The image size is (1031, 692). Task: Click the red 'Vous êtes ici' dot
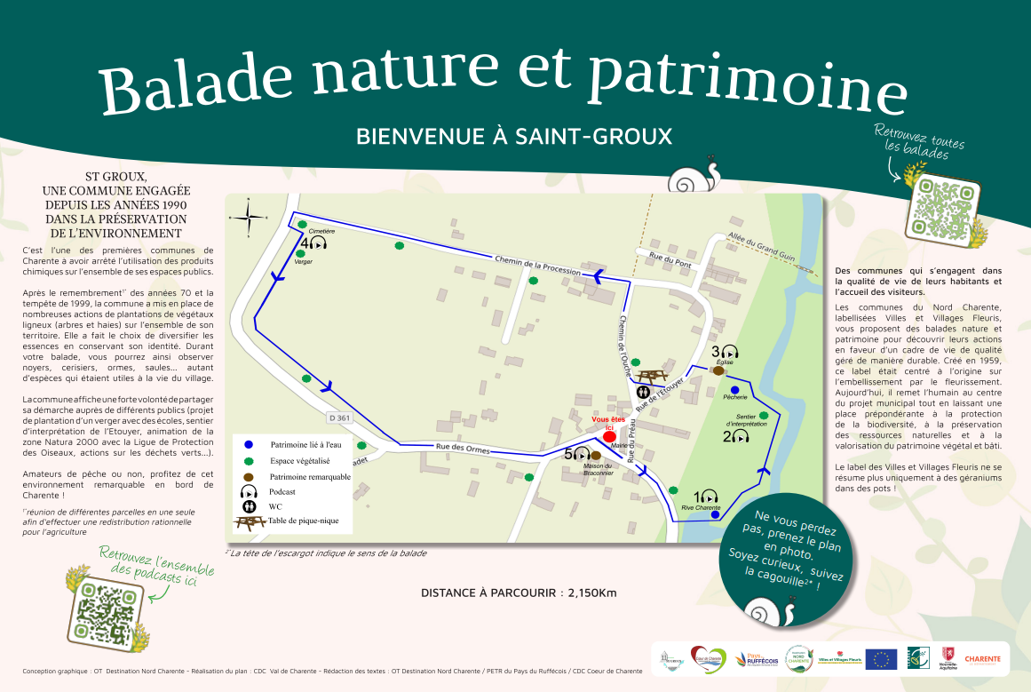point(609,437)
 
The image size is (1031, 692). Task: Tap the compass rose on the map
point(248,216)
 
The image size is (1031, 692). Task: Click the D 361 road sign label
point(337,418)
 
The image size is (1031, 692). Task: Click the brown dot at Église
point(718,370)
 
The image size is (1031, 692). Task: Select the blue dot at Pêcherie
point(734,390)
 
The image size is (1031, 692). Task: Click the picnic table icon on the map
point(652,377)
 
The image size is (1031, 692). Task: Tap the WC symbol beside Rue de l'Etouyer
point(643,392)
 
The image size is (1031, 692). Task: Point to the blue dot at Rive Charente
point(716,513)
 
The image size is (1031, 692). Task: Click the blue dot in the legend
point(250,444)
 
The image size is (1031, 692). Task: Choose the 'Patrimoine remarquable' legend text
point(310,477)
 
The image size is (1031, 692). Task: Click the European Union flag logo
point(881,658)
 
